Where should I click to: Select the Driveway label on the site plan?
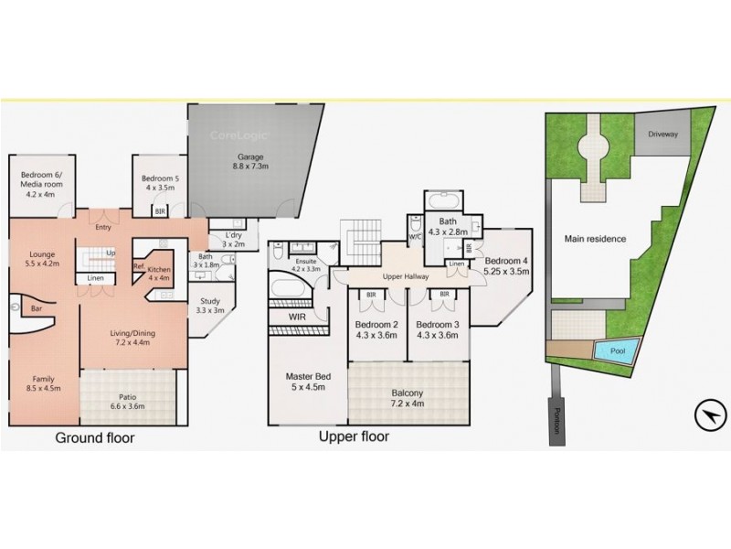[x=663, y=134]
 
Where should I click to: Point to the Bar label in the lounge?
[x=37, y=309]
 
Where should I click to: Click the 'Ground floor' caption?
[x=95, y=438]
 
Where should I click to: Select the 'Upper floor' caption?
[x=354, y=436]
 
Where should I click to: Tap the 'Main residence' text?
[x=595, y=239]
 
